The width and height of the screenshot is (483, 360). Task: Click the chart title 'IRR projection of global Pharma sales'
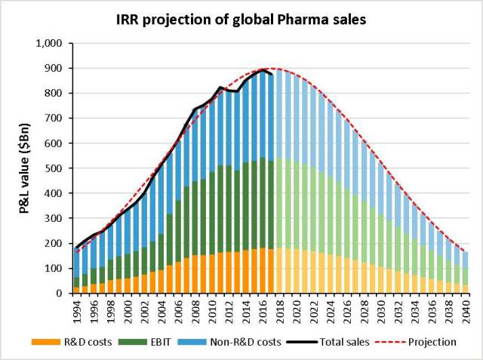pos(241,20)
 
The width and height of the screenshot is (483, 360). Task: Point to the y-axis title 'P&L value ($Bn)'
pos(24,168)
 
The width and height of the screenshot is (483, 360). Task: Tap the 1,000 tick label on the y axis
pos(49,43)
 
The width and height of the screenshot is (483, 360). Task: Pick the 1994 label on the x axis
pos(77,312)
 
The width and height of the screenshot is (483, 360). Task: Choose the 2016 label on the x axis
pos(263,312)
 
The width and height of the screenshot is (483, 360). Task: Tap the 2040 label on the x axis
pos(466,312)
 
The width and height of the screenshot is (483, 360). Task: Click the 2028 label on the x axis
pos(364,312)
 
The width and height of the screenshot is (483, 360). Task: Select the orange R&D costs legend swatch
pos(46,342)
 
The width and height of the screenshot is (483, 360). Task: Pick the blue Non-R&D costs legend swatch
pos(192,342)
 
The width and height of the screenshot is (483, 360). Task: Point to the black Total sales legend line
pos(302,342)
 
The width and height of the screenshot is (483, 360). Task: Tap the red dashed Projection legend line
pos(390,342)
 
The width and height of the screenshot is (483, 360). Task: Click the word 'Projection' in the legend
pos(432,342)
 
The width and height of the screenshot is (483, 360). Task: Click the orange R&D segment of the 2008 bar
pos(195,274)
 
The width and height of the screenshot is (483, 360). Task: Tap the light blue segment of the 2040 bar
pos(466,260)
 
